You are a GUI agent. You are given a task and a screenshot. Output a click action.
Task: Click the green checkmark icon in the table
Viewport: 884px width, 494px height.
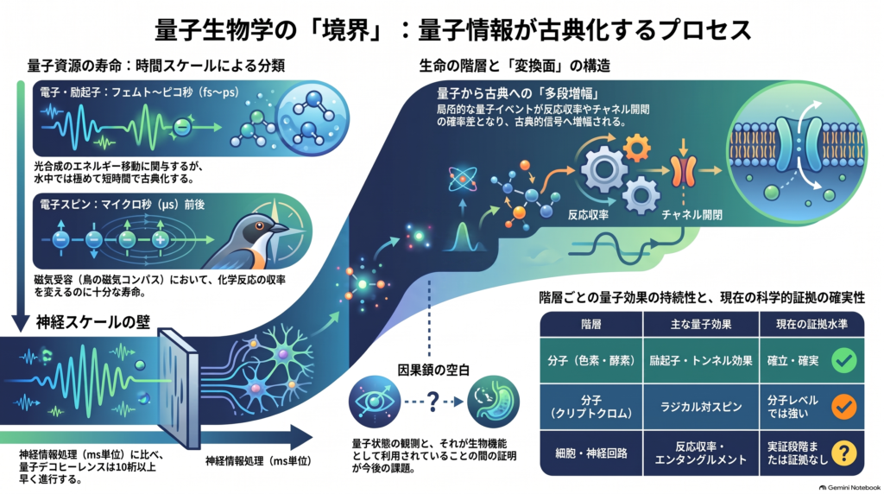[x=844, y=360]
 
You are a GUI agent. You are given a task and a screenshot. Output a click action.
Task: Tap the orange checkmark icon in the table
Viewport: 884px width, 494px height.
[x=844, y=407]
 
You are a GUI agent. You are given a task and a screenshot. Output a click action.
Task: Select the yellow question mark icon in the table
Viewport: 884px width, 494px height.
[x=844, y=453]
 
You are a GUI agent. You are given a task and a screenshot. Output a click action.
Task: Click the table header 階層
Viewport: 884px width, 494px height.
[x=590, y=324]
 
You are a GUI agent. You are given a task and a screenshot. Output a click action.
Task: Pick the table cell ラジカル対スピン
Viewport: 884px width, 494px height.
[x=701, y=407]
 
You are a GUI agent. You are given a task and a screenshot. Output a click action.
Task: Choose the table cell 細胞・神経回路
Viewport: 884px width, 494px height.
[x=590, y=453]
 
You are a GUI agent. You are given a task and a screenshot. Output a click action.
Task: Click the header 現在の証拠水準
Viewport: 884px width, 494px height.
[x=811, y=324]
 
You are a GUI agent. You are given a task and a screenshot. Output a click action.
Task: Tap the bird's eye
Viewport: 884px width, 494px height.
[x=259, y=226]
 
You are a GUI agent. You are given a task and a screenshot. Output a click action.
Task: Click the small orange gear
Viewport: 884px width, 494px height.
[x=637, y=147]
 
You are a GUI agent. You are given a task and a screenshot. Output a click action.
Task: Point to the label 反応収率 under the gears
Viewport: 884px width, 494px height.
[x=588, y=215]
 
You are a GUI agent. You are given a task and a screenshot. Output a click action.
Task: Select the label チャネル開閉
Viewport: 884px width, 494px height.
[x=691, y=215]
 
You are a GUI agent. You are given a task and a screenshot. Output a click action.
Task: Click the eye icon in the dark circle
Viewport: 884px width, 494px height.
[x=375, y=402]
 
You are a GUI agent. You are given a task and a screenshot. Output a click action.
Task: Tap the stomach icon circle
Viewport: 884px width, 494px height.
[x=493, y=402]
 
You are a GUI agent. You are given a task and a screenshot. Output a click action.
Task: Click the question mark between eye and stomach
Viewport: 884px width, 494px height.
[x=433, y=402]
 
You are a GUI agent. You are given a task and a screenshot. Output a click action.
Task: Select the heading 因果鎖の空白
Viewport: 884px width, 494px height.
[x=433, y=370]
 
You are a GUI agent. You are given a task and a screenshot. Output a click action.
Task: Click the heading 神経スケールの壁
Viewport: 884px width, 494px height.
[x=93, y=322]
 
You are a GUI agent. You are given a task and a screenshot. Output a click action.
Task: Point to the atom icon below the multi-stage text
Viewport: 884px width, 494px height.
[x=463, y=180]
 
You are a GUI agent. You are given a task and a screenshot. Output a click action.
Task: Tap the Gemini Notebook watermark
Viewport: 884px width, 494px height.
[x=849, y=487]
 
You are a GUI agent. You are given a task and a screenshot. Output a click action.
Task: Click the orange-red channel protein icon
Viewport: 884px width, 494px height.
[x=683, y=170]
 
